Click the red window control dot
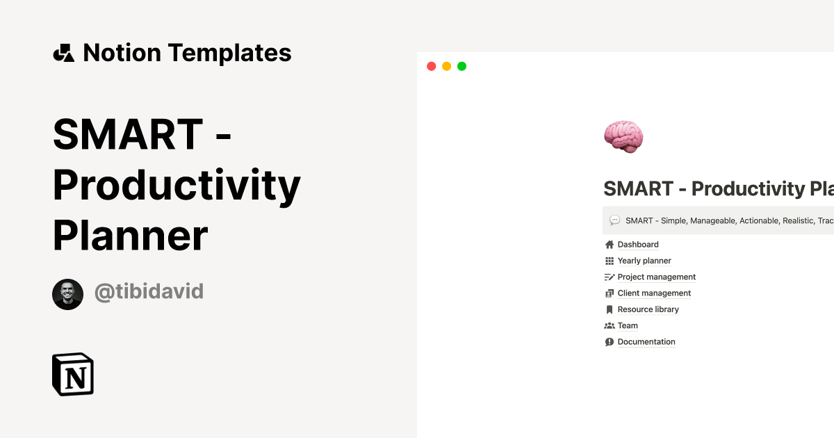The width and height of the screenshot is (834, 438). pyautogui.click(x=431, y=66)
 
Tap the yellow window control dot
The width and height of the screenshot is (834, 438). pyautogui.click(x=446, y=66)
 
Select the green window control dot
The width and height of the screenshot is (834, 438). pyautogui.click(x=461, y=66)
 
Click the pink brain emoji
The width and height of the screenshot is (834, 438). pyautogui.click(x=623, y=136)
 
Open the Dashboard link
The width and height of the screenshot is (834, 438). pyautogui.click(x=638, y=245)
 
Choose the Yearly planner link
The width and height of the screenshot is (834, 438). pyautogui.click(x=644, y=261)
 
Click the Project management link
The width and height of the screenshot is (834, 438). pyautogui.click(x=656, y=277)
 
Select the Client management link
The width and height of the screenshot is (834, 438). pyautogui.click(x=654, y=293)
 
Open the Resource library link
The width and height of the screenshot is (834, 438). pyautogui.click(x=648, y=309)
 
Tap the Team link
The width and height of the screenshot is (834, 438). pyautogui.click(x=628, y=325)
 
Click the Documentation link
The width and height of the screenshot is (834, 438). pyautogui.click(x=646, y=342)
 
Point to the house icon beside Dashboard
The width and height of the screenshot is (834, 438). pyautogui.click(x=610, y=245)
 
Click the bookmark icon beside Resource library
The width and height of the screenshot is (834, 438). pyautogui.click(x=610, y=309)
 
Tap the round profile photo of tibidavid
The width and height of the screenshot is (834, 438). pyautogui.click(x=67, y=294)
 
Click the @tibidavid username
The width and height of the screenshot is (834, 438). pyautogui.click(x=149, y=291)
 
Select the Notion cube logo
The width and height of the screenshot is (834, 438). pyautogui.click(x=73, y=374)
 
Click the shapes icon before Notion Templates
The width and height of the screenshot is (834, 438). pyautogui.click(x=64, y=53)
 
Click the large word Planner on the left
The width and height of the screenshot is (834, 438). pyautogui.click(x=130, y=235)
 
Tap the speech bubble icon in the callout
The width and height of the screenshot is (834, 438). pyautogui.click(x=614, y=220)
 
